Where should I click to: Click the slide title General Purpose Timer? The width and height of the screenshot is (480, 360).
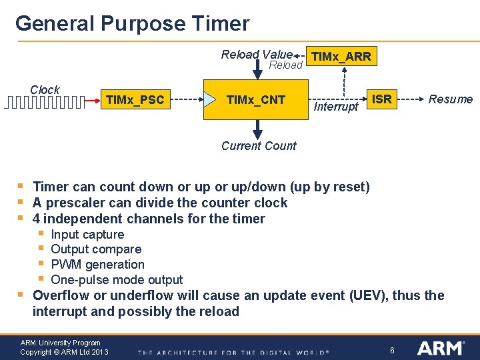132,23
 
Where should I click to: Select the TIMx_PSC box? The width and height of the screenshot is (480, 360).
135,100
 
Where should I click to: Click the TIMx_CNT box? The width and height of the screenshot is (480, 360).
256,100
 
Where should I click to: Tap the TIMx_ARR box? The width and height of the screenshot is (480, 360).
341,57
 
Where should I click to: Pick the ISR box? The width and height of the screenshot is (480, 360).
381,99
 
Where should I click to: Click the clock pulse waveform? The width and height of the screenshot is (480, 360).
45,102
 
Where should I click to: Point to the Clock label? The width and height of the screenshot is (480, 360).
45,89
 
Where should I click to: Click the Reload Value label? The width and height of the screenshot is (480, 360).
257,54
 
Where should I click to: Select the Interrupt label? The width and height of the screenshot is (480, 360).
336,107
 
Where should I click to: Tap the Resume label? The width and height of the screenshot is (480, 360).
450,99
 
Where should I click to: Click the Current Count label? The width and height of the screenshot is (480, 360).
259,146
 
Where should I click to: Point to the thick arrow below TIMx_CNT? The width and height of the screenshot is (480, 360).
257,128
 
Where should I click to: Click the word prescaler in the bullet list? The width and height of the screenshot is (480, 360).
74,203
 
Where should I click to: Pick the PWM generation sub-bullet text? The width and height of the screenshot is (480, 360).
97,265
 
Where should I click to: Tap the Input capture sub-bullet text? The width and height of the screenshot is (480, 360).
87,234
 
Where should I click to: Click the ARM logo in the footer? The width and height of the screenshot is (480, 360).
440,348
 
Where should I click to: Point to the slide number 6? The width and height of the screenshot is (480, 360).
393,350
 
